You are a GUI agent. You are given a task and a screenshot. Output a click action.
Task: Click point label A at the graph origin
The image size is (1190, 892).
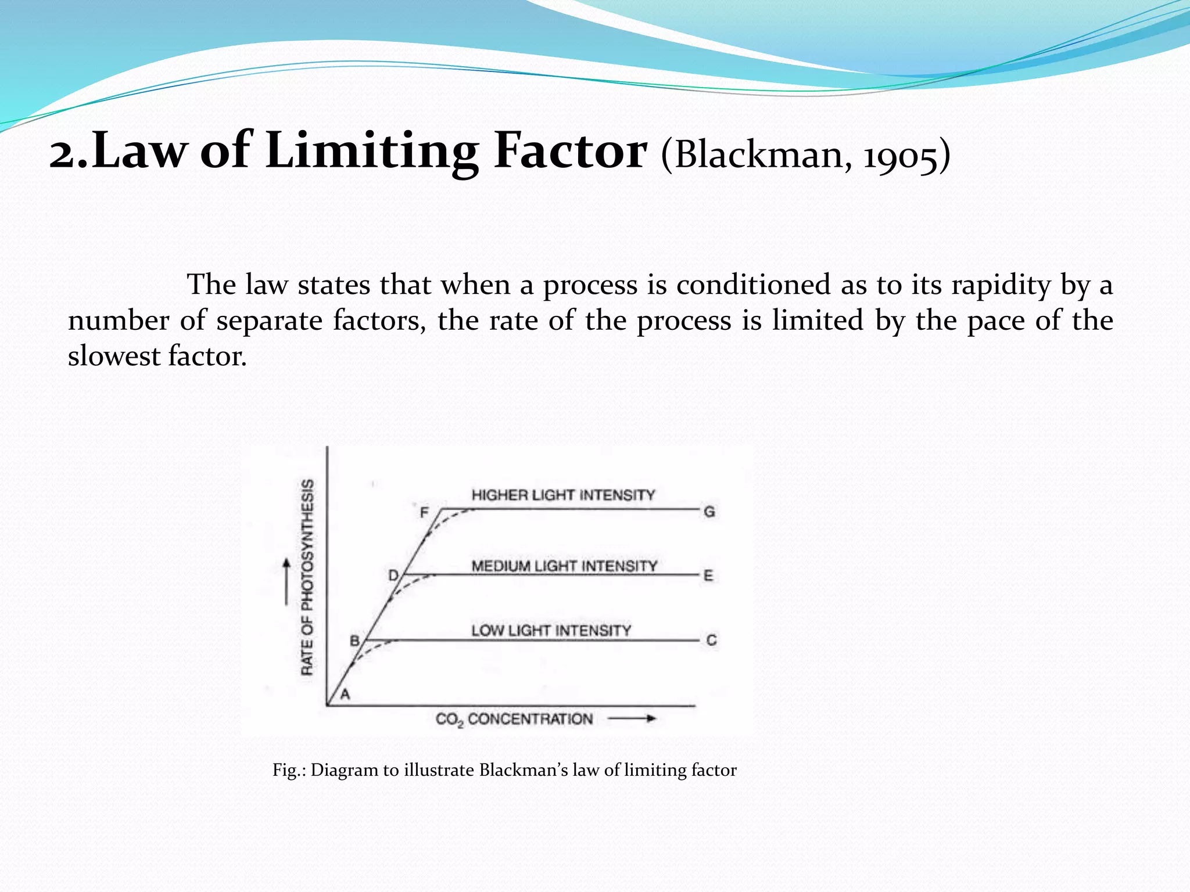(345, 694)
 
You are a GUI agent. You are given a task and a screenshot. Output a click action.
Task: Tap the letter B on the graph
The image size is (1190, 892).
(354, 641)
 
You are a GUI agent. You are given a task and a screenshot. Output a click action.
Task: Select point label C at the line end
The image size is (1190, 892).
(711, 640)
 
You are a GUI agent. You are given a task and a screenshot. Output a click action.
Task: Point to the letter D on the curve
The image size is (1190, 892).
(393, 576)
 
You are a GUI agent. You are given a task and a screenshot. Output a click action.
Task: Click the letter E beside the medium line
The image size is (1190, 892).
(708, 576)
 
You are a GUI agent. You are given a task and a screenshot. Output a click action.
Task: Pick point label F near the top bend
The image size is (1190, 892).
(424, 512)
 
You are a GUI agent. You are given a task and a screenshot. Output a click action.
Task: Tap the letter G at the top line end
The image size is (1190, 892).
(709, 512)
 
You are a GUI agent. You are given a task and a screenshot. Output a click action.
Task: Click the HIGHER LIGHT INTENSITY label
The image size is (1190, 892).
(563, 495)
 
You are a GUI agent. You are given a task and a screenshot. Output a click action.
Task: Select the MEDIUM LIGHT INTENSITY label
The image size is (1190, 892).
(564, 566)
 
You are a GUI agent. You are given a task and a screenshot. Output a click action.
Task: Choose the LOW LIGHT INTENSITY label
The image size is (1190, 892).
(551, 631)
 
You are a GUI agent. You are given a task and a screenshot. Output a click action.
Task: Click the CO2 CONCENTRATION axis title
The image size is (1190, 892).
(514, 720)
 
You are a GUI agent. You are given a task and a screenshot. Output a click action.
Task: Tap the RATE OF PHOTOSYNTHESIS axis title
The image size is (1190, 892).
(307, 577)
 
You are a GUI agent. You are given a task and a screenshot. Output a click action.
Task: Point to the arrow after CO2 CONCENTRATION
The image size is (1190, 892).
(632, 719)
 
